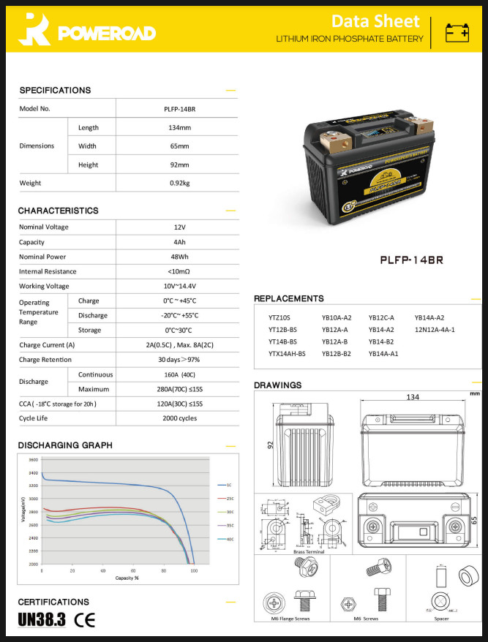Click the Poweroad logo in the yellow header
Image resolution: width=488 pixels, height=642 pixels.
point(86,31)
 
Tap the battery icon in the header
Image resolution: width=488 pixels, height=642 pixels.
point(458,31)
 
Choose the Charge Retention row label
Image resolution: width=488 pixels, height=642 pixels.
point(45,360)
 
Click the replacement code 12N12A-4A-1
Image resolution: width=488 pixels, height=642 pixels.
point(435,330)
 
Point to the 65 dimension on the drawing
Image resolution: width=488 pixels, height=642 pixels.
point(474,520)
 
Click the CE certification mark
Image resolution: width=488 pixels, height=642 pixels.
point(85,621)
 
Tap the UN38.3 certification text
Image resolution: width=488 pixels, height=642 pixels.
point(42,621)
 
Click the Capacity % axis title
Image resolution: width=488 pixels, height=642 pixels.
point(127,578)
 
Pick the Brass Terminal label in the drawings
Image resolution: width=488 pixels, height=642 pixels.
point(309,551)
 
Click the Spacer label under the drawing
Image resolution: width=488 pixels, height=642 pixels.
point(441,618)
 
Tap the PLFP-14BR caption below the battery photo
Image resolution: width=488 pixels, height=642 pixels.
point(412,260)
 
